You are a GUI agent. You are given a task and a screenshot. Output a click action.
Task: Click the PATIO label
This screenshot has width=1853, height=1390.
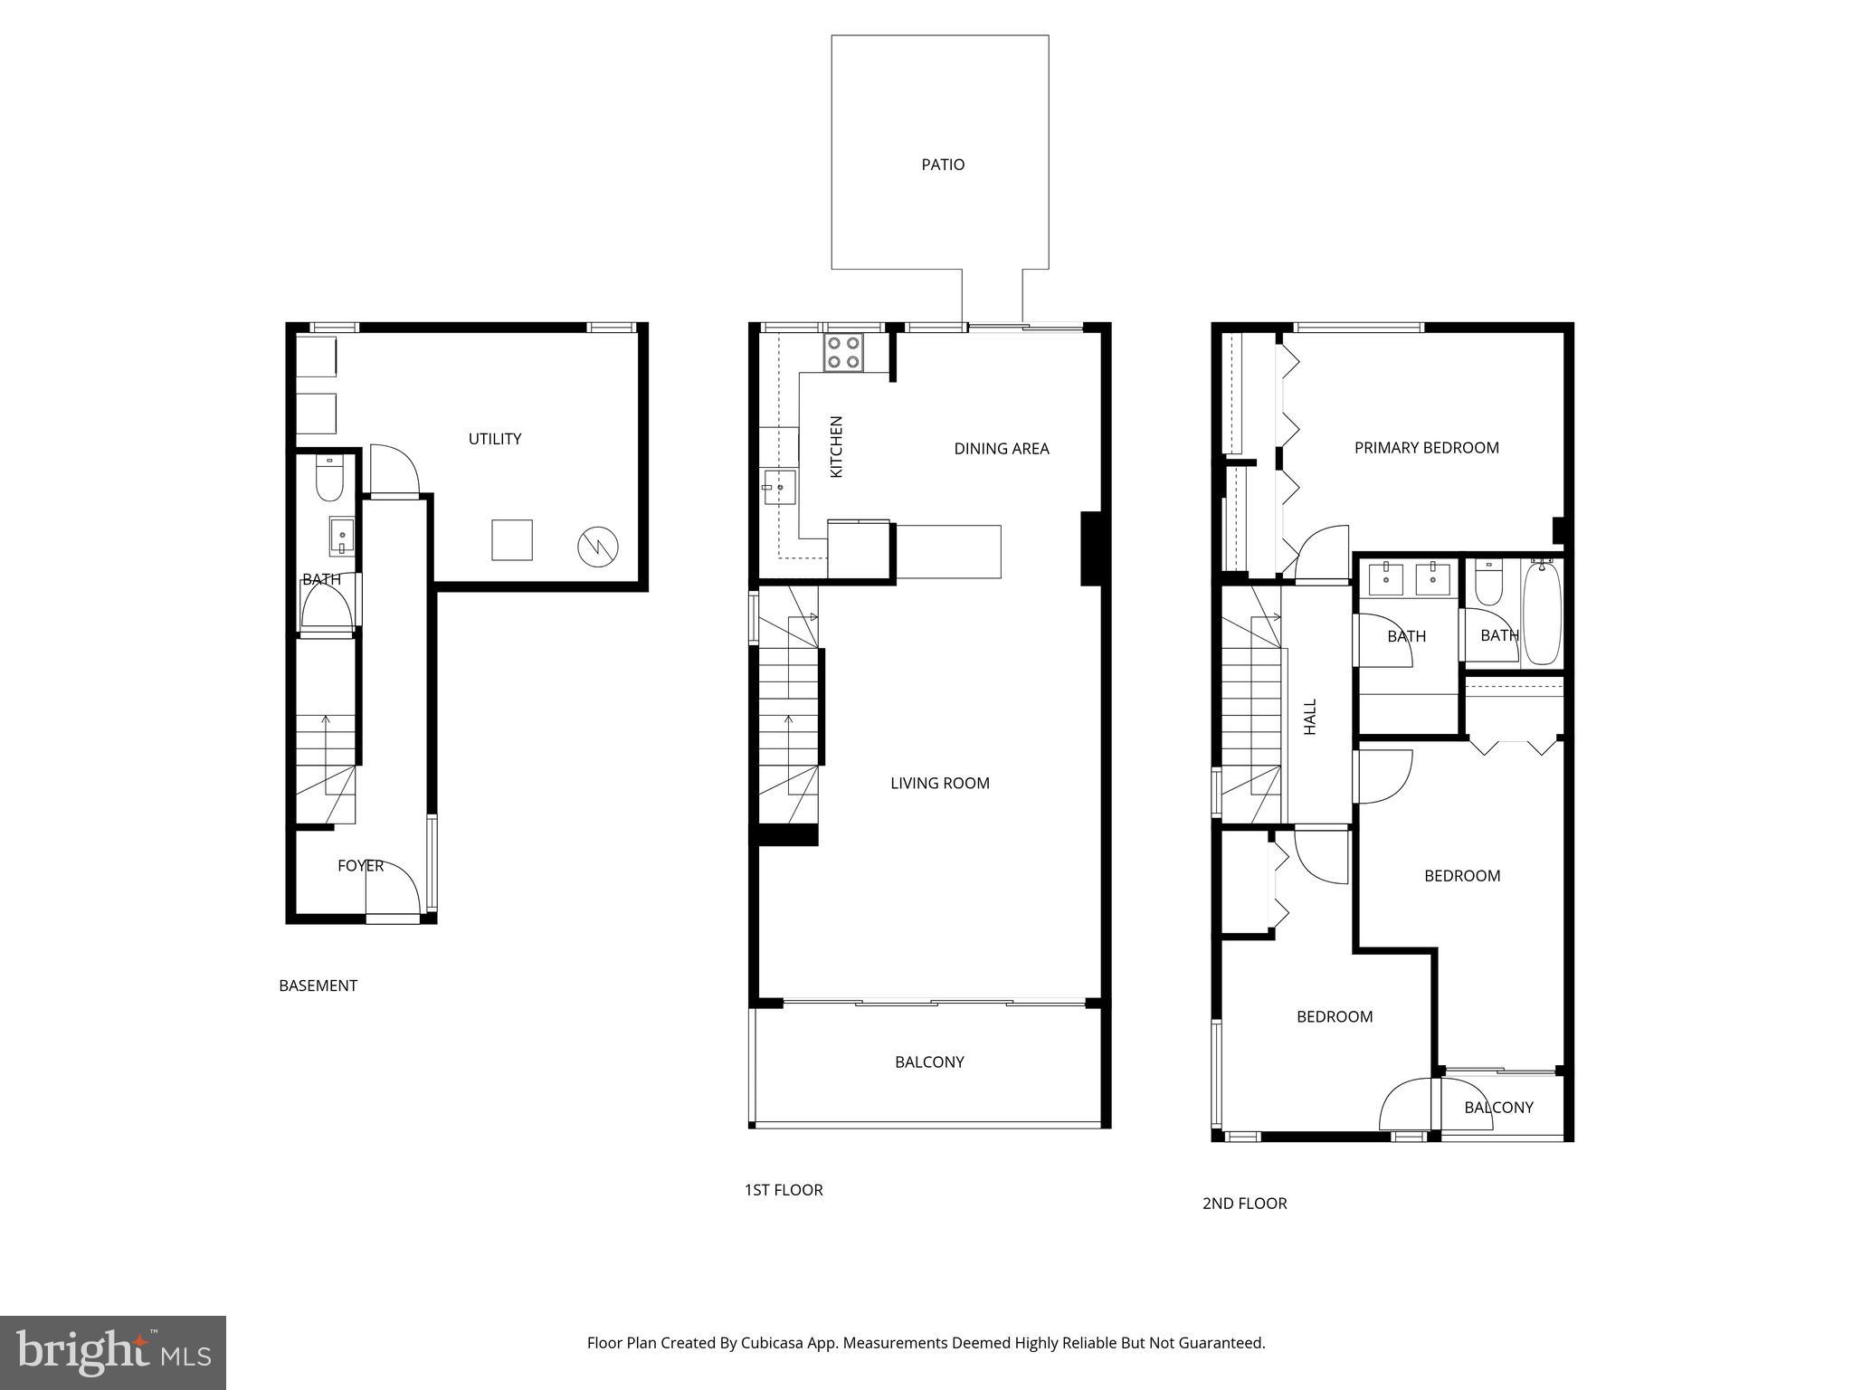click(x=943, y=165)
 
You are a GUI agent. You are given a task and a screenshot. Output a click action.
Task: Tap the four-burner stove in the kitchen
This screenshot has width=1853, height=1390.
click(x=842, y=352)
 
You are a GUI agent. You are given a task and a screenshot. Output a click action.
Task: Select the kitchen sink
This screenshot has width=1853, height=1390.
click(x=779, y=488)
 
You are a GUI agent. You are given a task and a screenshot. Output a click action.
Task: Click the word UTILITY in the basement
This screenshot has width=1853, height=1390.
click(x=495, y=439)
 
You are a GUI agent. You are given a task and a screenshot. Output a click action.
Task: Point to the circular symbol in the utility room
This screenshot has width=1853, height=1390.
click(x=598, y=547)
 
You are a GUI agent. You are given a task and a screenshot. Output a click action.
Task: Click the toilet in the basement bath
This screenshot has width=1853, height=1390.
click(x=328, y=479)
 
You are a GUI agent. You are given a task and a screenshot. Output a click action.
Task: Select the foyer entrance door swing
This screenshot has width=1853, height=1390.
click(x=394, y=890)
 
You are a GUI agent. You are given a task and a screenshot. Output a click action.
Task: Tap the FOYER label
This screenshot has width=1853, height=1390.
click(x=360, y=866)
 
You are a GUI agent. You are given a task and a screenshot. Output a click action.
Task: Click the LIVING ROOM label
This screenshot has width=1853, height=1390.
click(x=940, y=784)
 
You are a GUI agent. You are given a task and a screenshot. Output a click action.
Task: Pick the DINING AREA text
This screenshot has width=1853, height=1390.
click(x=1002, y=449)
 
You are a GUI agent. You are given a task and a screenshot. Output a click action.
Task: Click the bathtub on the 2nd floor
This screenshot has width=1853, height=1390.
click(x=1543, y=613)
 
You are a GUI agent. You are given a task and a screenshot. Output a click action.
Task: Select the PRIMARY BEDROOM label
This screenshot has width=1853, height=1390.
click(x=1426, y=448)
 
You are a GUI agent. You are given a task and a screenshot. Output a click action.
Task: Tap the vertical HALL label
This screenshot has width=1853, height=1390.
click(x=1310, y=716)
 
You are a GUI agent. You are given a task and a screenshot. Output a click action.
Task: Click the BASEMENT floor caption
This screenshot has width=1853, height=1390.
click(x=318, y=985)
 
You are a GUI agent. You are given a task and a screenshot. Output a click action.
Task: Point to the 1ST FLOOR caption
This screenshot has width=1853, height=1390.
click(x=784, y=1190)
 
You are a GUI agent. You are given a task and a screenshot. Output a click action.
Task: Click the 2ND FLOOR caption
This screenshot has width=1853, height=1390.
click(x=1244, y=1204)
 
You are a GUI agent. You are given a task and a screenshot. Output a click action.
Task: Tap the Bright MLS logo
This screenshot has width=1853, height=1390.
click(x=113, y=1352)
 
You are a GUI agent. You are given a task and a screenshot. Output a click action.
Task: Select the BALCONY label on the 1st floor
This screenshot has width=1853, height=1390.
click(x=929, y=1062)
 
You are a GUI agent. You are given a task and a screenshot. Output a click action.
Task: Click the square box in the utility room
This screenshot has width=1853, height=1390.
click(x=512, y=540)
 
